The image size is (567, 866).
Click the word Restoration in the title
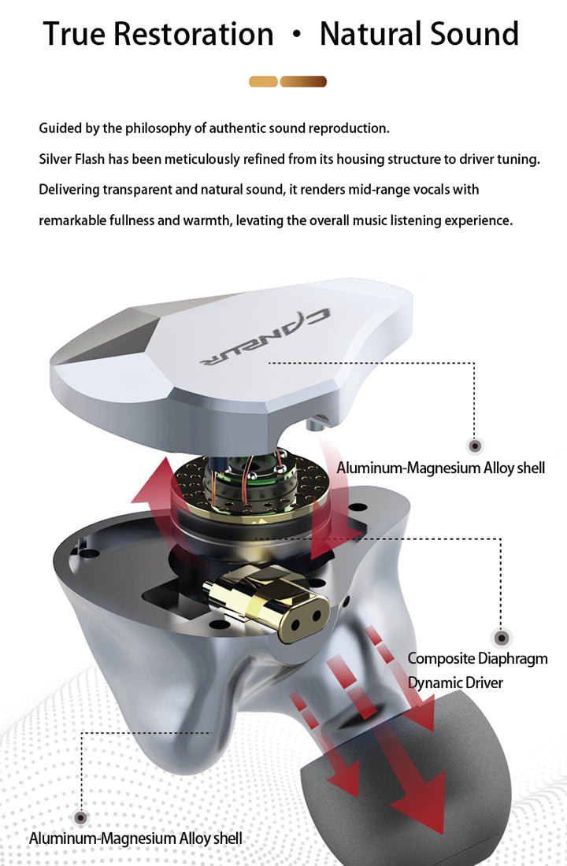(x=194, y=34)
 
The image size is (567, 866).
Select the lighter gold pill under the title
(x=263, y=82)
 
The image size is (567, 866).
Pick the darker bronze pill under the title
(x=303, y=82)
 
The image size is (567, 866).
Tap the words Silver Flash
(x=72, y=160)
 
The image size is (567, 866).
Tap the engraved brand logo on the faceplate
(x=265, y=337)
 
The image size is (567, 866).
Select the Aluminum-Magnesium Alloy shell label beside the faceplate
(x=440, y=468)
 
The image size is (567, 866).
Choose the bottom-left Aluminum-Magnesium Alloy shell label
(x=135, y=838)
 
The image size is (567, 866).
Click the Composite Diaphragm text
(x=477, y=658)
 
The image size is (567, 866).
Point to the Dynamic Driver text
(x=455, y=683)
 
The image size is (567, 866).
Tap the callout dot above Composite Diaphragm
(x=501, y=638)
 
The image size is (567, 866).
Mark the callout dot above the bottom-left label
(x=81, y=817)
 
